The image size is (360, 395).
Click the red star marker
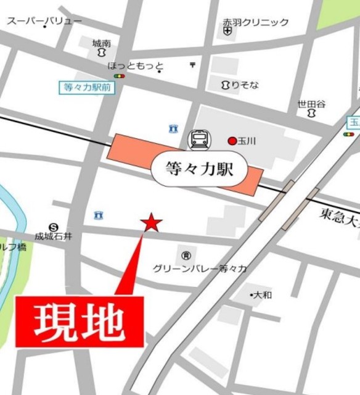tap(152, 223)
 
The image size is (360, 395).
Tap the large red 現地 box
tap(80, 321)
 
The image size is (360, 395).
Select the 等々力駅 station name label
tap(200, 168)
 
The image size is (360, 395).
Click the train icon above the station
tap(200, 139)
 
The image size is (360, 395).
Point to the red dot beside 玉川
tap(232, 141)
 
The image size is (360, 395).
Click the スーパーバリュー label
tap(44, 21)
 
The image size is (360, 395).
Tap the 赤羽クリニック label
tap(256, 22)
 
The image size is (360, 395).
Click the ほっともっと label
tap(136, 65)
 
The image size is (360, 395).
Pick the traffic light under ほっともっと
tap(119, 76)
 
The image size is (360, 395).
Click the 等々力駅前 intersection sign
tap(87, 88)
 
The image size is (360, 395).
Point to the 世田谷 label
tap(311, 104)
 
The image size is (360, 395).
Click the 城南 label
tap(102, 44)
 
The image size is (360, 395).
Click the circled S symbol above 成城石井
tap(54, 227)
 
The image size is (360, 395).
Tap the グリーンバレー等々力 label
tap(200, 268)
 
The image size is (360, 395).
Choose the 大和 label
tap(261, 295)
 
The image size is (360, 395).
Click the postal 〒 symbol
tap(192, 64)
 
